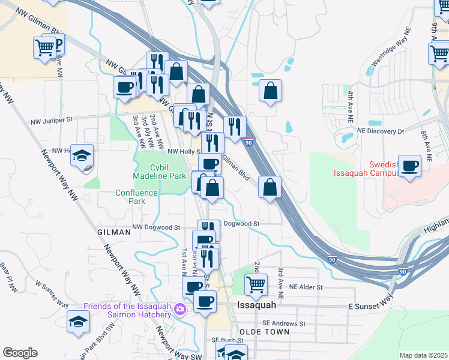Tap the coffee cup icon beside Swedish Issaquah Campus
point(409,166)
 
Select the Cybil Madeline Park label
point(159,172)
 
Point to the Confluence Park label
point(137,197)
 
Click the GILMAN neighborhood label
point(113,231)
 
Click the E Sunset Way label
point(372,306)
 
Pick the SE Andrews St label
point(285,323)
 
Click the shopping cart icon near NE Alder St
point(256,284)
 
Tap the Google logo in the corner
point(20,353)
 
